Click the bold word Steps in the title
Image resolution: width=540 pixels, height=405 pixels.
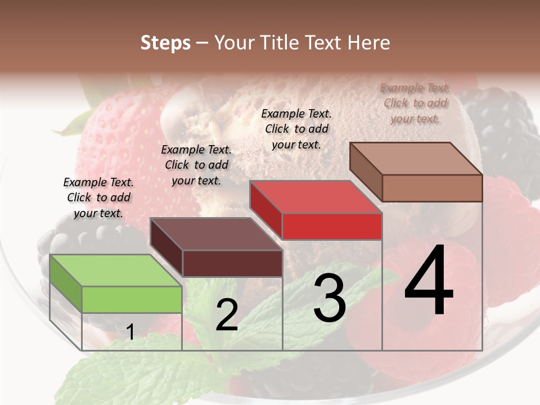coord(165,43)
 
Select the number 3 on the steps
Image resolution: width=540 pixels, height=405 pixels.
coord(330,298)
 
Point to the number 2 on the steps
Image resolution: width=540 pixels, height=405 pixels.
coord(227,315)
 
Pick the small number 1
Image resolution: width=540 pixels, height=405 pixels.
coord(130,332)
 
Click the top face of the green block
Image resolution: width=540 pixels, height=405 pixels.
coord(115,271)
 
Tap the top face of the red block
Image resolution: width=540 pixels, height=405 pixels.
coord(316,197)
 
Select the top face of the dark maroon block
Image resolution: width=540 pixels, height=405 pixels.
coord(216,234)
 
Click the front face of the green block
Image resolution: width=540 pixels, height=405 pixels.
coord(132,299)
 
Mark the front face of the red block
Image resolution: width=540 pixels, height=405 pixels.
coord(332,226)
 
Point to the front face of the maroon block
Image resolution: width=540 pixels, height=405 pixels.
coord(232,263)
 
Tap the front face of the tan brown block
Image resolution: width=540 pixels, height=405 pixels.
coord(432,188)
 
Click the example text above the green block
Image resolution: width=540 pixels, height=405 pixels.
coord(98,198)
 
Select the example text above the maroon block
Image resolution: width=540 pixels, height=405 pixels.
coord(196,165)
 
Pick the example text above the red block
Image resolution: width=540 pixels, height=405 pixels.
coord(296,129)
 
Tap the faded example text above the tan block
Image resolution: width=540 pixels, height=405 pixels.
coord(415,103)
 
